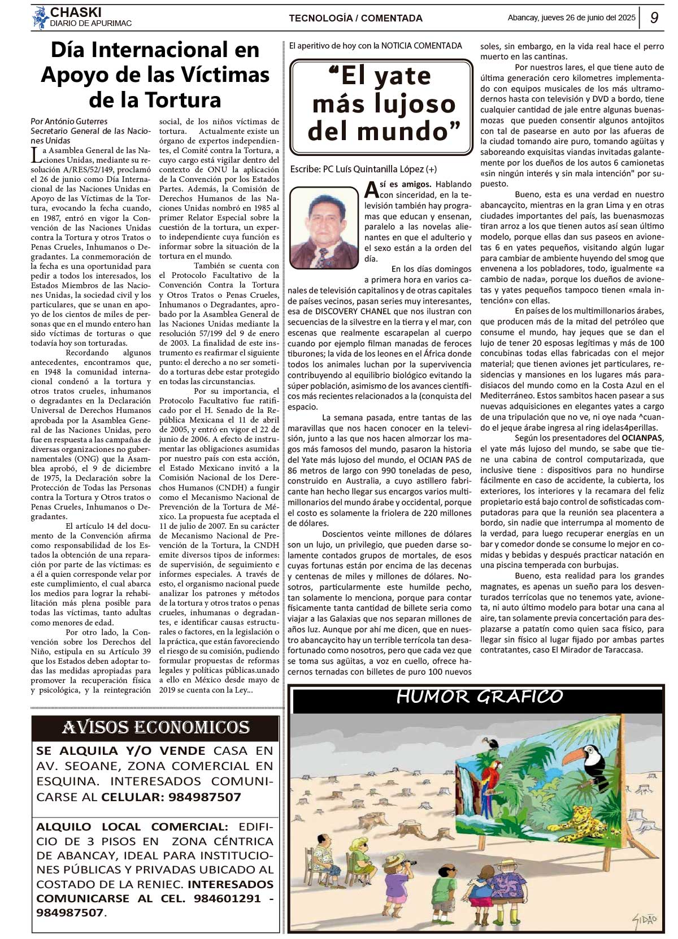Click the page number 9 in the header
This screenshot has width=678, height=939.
pyautogui.click(x=654, y=18)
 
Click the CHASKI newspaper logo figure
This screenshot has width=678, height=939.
pyautogui.click(x=40, y=18)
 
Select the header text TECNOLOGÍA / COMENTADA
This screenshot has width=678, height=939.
pyautogui.click(x=355, y=18)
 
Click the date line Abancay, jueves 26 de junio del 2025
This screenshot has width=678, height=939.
pyautogui.click(x=571, y=18)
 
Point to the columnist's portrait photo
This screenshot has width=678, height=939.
pyautogui.click(x=324, y=227)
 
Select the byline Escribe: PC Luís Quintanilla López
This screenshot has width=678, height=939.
pyautogui.click(x=363, y=169)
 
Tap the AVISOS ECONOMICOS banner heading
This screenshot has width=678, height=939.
pyautogui.click(x=155, y=727)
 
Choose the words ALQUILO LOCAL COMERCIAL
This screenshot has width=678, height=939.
pyautogui.click(x=132, y=827)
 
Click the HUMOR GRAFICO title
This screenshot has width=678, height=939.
pyautogui.click(x=479, y=697)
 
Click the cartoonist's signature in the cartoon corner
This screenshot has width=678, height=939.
pyautogui.click(x=645, y=919)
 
